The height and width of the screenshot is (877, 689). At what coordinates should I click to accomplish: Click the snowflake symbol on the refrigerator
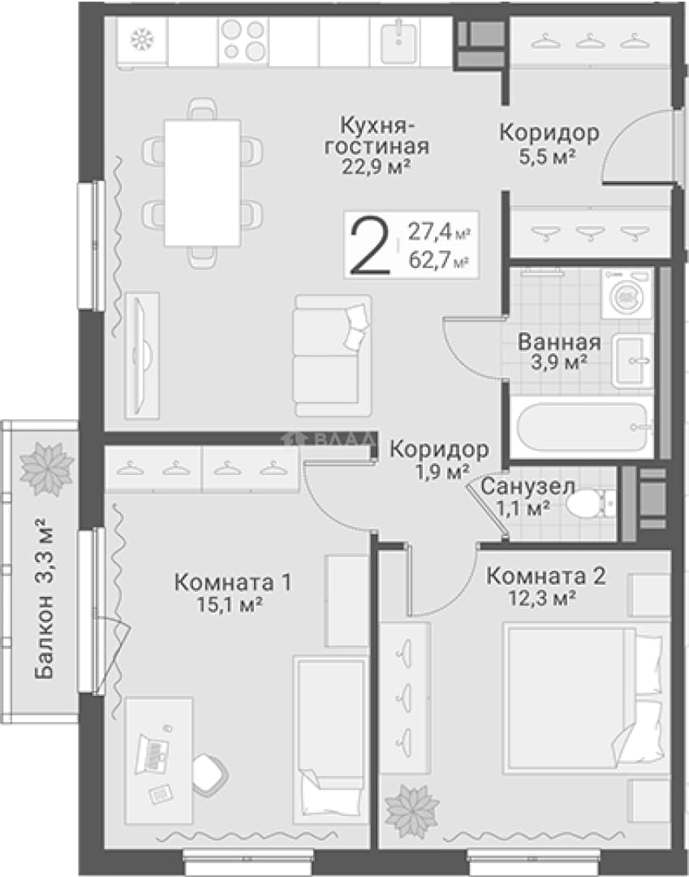pyautogui.click(x=142, y=40)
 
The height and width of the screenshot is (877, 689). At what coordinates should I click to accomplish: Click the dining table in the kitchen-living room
pyautogui.click(x=202, y=183)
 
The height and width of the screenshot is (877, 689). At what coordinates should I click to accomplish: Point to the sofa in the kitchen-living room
pyautogui.click(x=332, y=356)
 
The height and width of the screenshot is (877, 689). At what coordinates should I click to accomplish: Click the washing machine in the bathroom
pyautogui.click(x=627, y=294)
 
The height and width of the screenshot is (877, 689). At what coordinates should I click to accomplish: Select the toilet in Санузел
pyautogui.click(x=590, y=504)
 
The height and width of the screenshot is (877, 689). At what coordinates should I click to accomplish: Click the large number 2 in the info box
pyautogui.click(x=368, y=245)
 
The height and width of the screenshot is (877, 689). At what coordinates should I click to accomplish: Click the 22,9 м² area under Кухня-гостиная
pyautogui.click(x=377, y=166)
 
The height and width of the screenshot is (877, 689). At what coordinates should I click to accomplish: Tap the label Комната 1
pyautogui.click(x=232, y=583)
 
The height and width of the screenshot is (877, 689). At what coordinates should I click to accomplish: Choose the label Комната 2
pyautogui.click(x=545, y=576)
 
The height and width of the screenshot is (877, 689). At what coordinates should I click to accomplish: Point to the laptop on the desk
pyautogui.click(x=152, y=754)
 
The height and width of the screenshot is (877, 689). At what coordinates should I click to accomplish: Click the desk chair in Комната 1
pyautogui.click(x=210, y=773)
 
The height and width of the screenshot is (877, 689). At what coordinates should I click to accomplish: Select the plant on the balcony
pyautogui.click(x=47, y=469)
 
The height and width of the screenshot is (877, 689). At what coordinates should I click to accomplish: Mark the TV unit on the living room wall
pyautogui.click(x=142, y=355)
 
